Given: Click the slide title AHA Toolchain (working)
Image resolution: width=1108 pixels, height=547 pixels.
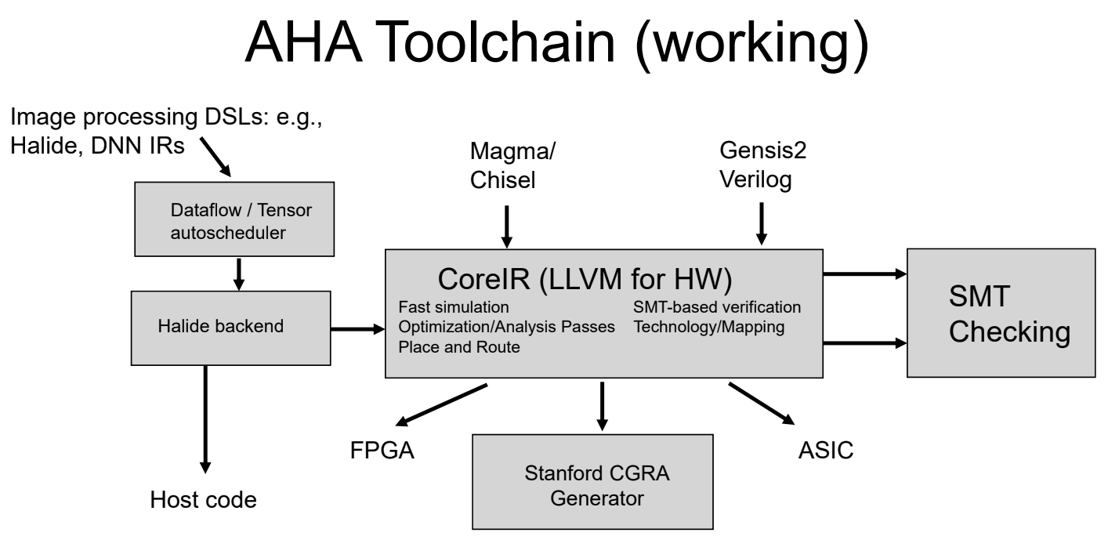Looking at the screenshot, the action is [556, 44].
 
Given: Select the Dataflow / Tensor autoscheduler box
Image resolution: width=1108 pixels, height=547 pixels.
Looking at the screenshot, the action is [234, 219].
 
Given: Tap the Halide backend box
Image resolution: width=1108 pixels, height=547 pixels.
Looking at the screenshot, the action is [230, 328].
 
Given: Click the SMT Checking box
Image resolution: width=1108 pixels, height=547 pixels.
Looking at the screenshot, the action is [1001, 313].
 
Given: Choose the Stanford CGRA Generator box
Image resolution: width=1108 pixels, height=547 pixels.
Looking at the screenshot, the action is [592, 482].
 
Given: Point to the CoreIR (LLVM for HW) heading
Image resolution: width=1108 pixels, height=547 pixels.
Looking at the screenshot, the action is [585, 279].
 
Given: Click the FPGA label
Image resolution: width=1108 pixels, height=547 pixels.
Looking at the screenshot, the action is [382, 451].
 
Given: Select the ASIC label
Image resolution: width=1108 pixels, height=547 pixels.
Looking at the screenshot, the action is [826, 450].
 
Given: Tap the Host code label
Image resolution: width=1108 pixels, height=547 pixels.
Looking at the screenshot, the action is [203, 500].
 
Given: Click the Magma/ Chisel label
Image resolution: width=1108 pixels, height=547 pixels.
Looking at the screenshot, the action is [512, 165].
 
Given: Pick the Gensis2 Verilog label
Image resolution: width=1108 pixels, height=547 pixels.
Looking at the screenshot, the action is [762, 165].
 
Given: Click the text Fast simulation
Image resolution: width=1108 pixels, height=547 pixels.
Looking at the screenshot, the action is [454, 307].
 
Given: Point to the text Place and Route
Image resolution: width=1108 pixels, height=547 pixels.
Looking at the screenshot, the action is [459, 347].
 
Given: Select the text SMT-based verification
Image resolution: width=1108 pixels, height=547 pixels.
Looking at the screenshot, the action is [717, 307].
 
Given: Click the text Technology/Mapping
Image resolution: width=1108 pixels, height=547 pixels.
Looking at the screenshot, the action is [709, 327].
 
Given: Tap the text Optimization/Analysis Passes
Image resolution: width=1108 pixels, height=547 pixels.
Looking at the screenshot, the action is [506, 327].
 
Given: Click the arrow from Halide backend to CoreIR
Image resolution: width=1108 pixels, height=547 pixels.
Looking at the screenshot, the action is [357, 329].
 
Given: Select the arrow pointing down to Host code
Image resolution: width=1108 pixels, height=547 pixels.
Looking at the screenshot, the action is [205, 419].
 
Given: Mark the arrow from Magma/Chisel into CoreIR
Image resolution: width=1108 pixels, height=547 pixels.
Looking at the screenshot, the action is [506, 227].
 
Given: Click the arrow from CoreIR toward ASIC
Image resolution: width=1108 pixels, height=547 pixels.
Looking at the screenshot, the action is [762, 404].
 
